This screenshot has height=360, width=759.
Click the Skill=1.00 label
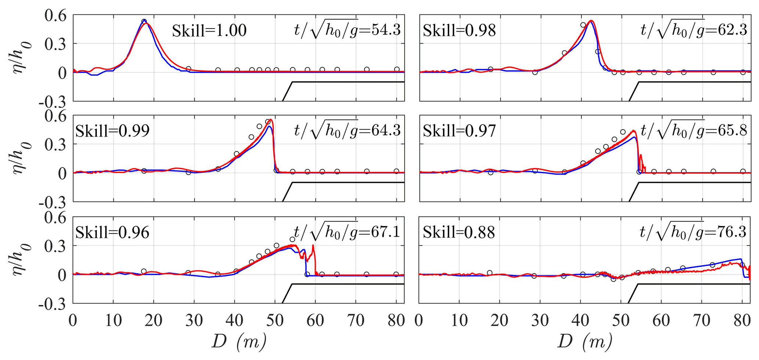(209, 31)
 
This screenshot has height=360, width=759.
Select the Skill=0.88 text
(459, 232)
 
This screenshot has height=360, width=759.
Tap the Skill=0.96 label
(112, 232)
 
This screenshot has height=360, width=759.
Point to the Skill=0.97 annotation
(459, 131)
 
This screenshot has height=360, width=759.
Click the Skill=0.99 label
(112, 131)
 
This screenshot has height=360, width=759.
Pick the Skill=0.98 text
(459, 30)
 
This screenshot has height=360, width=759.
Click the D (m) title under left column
(239, 342)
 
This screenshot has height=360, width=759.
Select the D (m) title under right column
(585, 342)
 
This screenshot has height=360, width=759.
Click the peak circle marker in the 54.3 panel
(144, 22)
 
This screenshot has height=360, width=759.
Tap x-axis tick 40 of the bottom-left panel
(235, 321)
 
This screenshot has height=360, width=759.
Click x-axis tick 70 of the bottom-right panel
(702, 321)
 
